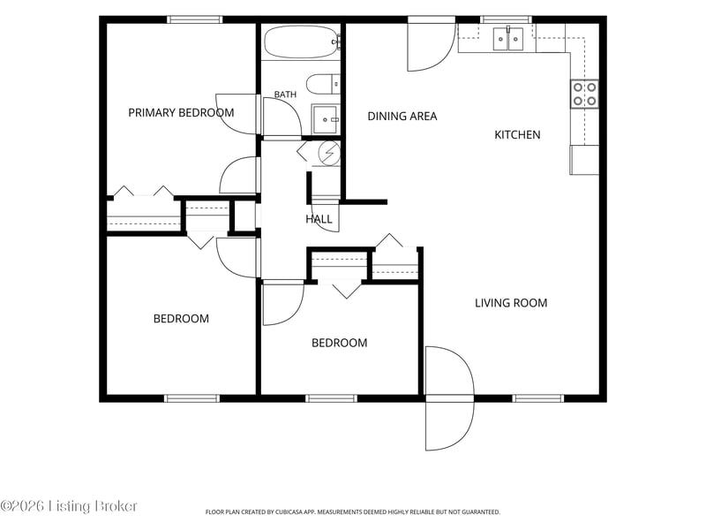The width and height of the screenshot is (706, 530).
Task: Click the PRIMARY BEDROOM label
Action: click(x=181, y=113)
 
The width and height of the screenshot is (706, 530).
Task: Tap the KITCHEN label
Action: click(x=517, y=135)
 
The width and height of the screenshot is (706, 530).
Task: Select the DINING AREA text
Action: click(x=402, y=117)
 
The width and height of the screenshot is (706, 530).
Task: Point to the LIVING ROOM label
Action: click(x=511, y=303)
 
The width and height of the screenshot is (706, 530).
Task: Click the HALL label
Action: click(x=319, y=219)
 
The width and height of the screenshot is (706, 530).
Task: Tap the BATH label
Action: click(x=285, y=95)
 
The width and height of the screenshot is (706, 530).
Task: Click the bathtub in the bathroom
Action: click(x=301, y=42)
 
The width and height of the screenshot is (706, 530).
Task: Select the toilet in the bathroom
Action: click(x=323, y=83)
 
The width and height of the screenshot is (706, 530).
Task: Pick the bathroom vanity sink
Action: click(x=325, y=119)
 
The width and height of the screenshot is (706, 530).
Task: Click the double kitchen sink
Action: click(x=508, y=39)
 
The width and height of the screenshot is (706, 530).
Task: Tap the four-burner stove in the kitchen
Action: click(x=585, y=94)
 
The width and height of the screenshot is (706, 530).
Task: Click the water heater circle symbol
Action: click(x=329, y=153)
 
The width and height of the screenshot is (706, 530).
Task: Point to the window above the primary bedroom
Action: click(x=194, y=19)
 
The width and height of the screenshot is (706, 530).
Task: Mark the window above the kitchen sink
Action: click(x=506, y=19)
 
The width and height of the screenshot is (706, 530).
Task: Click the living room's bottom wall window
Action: click(x=538, y=398)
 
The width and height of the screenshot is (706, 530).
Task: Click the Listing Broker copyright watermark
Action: click(x=69, y=506)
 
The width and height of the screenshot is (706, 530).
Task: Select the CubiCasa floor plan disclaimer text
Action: click(x=352, y=512)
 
